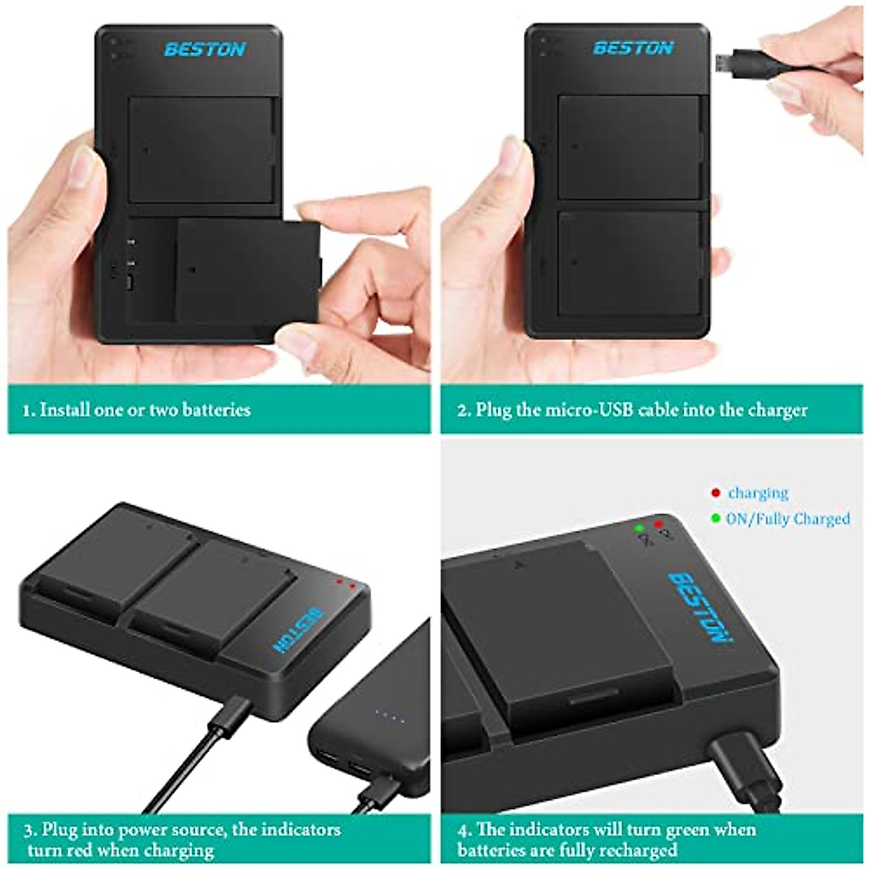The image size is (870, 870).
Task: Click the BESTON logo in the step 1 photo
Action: click(204, 49)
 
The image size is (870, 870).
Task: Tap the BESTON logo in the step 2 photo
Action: click(633, 48)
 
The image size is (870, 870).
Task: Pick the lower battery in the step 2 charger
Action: click(630, 262)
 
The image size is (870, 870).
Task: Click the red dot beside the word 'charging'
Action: click(716, 494)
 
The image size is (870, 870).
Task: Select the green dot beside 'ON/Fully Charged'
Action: click(716, 519)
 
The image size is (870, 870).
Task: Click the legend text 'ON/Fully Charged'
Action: click(788, 519)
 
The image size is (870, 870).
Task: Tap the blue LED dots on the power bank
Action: click(389, 718)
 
